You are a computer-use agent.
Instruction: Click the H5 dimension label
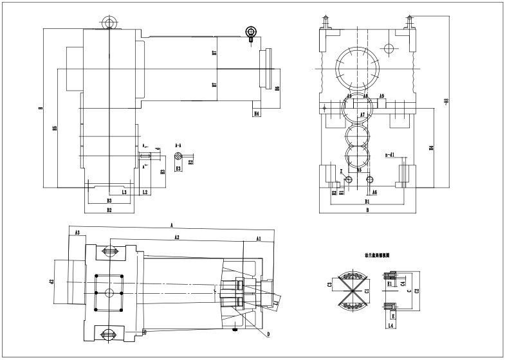click(55, 129)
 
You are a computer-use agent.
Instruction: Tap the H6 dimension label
click(277, 89)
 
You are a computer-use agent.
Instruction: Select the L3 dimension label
click(124, 192)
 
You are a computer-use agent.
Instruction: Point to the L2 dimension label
click(145, 192)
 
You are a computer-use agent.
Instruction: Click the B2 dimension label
click(109, 210)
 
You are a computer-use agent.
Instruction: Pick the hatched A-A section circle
click(182, 155)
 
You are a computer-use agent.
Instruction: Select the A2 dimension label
click(176, 237)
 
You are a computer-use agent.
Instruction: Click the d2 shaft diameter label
click(51, 282)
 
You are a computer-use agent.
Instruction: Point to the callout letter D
click(268, 334)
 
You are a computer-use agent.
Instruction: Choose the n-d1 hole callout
click(389, 155)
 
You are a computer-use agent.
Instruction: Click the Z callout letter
click(341, 171)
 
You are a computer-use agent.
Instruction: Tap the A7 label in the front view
click(363, 114)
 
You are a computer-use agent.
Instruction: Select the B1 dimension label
click(366, 202)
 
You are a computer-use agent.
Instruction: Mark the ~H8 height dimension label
click(446, 100)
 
